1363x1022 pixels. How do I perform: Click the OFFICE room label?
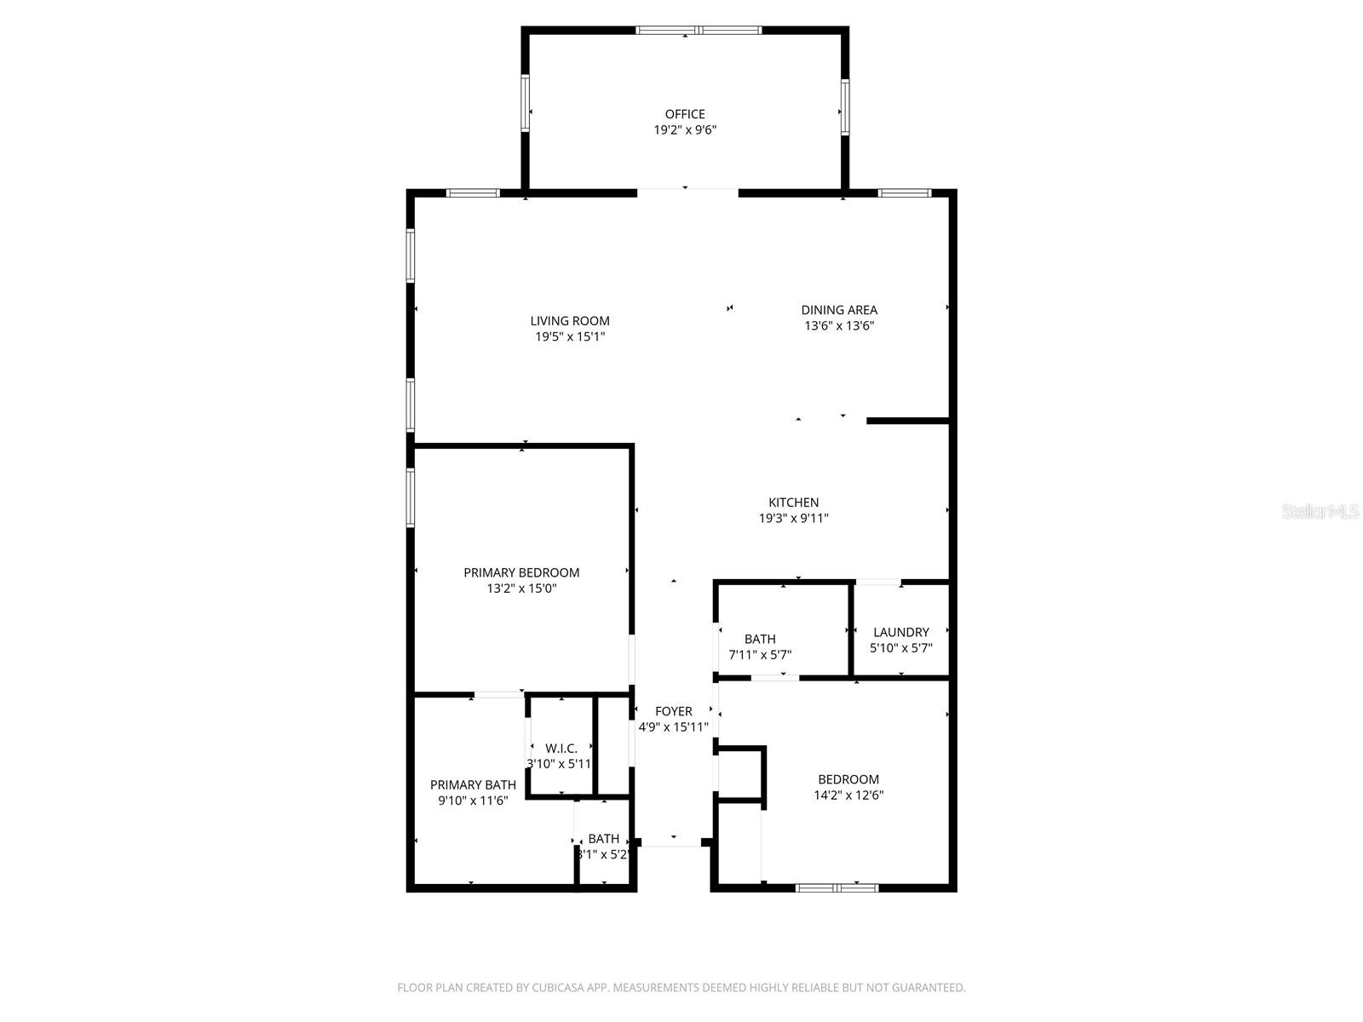coord(684,114)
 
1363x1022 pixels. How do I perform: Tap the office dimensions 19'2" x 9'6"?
coord(684,129)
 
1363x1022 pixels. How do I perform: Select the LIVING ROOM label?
coord(569,321)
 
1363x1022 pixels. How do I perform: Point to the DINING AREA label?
coord(838,310)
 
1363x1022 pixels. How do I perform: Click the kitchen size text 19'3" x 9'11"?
coord(793,518)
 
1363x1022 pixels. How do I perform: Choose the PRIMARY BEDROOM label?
coord(521,572)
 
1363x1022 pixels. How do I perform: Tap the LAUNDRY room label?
coord(900,632)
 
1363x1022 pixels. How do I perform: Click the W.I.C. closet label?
coord(561,749)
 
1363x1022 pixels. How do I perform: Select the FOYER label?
coord(673,711)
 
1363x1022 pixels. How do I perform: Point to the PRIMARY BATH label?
coord(473,785)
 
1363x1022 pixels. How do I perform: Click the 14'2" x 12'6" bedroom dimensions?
coord(848,795)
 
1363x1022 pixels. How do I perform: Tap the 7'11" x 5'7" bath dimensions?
coord(759,654)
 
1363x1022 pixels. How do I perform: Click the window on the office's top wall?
coord(699,30)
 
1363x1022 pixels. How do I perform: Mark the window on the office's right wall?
coord(844,107)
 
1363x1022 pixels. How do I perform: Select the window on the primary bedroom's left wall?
coord(411,497)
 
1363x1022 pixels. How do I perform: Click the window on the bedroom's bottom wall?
coord(837,888)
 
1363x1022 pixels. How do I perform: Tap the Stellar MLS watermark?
coord(1320,511)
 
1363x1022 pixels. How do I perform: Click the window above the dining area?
coord(905,193)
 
